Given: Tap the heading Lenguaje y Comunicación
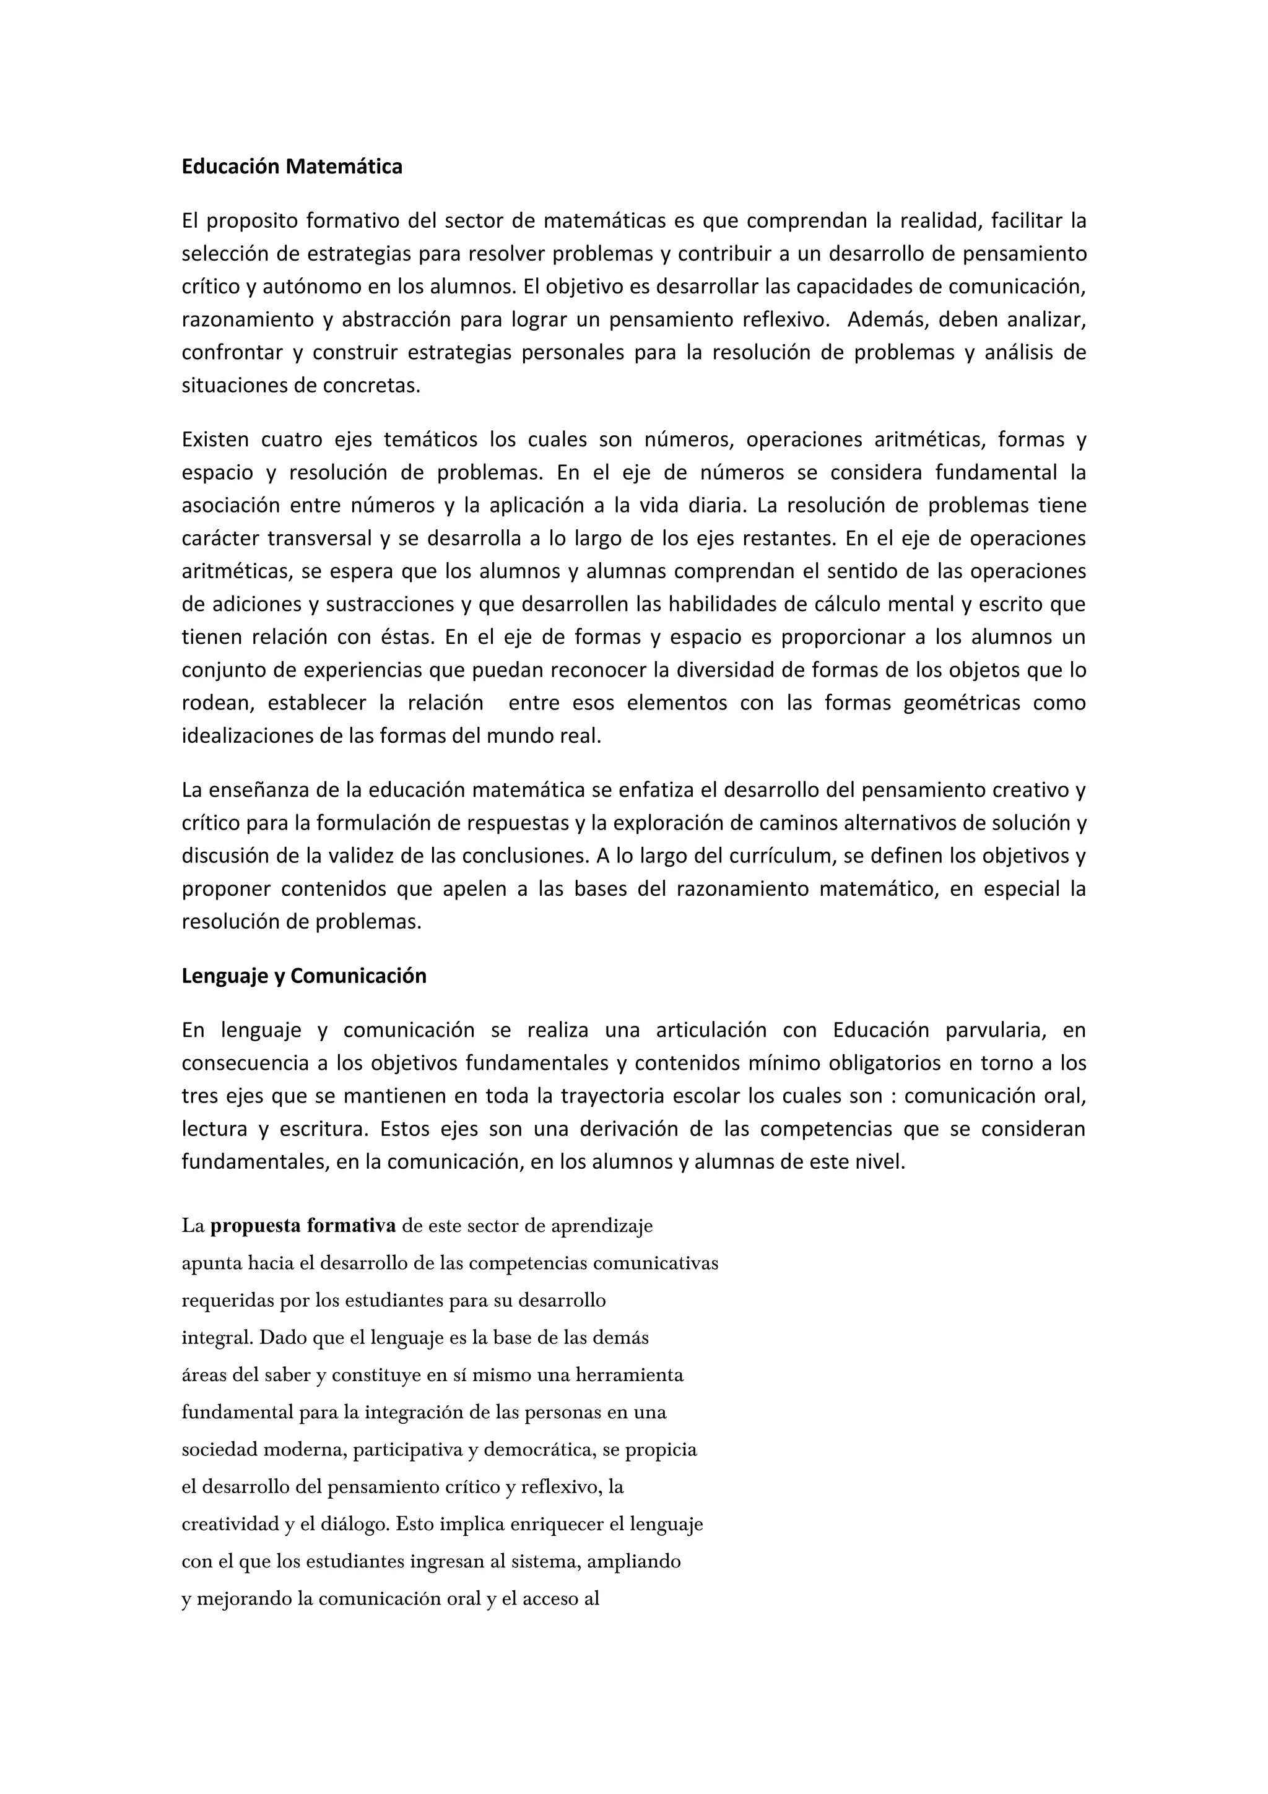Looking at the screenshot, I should (304, 976).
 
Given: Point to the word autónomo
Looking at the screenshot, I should (311, 287).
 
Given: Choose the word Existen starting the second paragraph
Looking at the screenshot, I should (215, 440).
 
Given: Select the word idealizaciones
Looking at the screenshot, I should (239, 736).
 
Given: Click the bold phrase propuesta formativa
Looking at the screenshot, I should (303, 1226).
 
